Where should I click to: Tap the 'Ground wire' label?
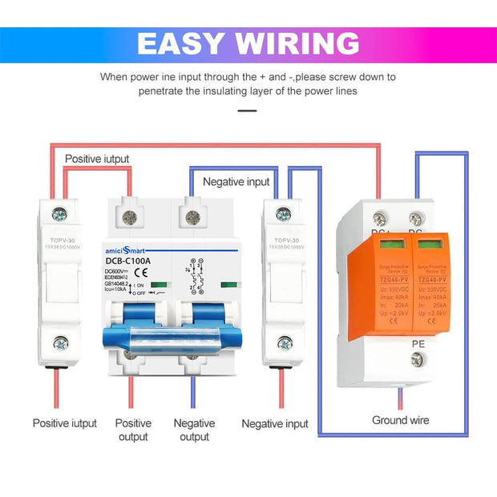[400, 420]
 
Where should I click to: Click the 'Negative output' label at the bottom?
[194, 430]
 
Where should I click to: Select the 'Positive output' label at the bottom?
[133, 430]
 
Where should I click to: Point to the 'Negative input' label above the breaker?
[236, 182]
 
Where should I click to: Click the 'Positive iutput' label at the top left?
[96, 159]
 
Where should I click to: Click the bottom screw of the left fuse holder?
[60, 344]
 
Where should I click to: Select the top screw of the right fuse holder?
[283, 214]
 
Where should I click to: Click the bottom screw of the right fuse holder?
[284, 344]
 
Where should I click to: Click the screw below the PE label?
[417, 361]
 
